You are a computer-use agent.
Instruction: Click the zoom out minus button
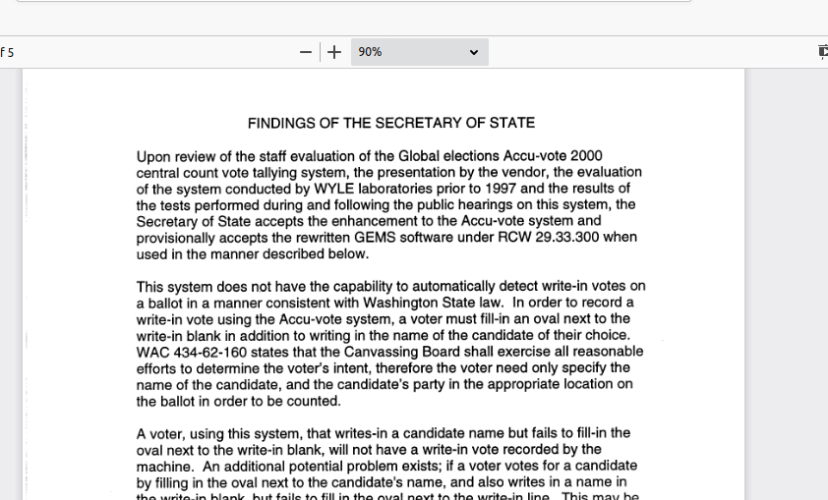(306, 52)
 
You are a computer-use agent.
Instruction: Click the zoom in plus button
(334, 52)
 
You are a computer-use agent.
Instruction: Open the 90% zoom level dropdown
(419, 52)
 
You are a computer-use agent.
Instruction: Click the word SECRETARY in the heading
(413, 124)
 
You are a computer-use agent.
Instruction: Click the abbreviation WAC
(153, 352)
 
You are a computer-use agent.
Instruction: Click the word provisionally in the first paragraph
(177, 238)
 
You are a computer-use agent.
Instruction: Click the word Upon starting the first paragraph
(154, 156)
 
